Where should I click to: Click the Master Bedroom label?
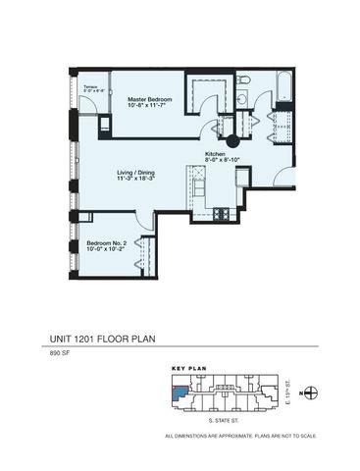click(x=150, y=99)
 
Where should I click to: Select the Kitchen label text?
click(x=216, y=154)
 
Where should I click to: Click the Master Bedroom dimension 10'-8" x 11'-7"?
click(x=150, y=107)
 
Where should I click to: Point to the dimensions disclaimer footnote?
click(x=239, y=435)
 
